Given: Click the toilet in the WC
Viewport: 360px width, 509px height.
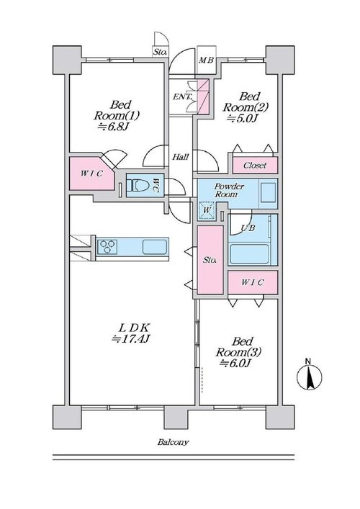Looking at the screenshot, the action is click(x=138, y=186).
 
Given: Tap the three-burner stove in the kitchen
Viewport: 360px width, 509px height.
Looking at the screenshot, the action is click(x=107, y=246).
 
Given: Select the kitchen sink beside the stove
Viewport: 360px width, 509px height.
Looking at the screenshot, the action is click(x=155, y=246).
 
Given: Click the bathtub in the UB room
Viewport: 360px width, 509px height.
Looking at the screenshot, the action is click(x=249, y=254).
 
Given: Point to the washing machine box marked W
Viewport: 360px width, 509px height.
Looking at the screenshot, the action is click(x=207, y=210).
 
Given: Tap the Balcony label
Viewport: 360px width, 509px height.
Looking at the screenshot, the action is click(x=173, y=442).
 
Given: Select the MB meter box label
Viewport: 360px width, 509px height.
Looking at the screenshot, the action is click(x=206, y=60).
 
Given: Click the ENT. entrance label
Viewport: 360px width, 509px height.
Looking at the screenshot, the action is click(x=182, y=96).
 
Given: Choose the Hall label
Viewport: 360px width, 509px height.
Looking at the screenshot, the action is click(x=180, y=157).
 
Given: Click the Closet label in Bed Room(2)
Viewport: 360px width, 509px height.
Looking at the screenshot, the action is click(x=255, y=166).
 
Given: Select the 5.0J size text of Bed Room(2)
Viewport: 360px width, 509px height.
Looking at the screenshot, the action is click(x=242, y=118).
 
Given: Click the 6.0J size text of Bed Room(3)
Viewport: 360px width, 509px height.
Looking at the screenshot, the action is click(x=235, y=363).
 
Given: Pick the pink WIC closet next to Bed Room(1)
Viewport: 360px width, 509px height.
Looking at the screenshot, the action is click(x=92, y=174).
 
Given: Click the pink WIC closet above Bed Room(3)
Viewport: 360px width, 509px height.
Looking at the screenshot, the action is click(x=253, y=282).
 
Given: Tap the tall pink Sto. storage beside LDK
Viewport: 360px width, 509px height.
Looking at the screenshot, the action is click(x=210, y=260).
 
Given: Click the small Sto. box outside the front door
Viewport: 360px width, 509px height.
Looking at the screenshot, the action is click(x=160, y=52).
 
